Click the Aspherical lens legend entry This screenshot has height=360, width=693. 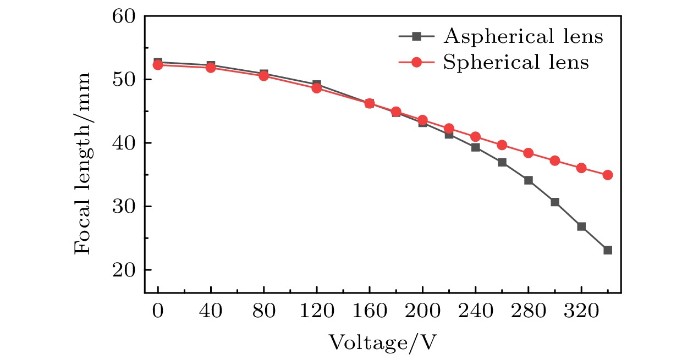tap(523, 37)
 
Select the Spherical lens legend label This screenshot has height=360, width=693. tap(515, 62)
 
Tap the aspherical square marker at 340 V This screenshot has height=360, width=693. tap(608, 250)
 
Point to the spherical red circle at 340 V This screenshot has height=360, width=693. tap(608, 175)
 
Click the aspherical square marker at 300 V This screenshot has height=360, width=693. tap(555, 202)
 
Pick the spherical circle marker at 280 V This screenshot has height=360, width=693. tap(529, 153)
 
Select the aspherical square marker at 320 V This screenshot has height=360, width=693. tap(581, 226)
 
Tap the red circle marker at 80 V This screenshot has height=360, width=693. tap(264, 76)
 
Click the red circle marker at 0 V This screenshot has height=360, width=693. tap(158, 65)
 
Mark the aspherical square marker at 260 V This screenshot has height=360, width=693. tap(502, 162)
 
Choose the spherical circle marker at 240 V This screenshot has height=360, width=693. tap(476, 136)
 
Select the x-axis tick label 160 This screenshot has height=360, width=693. tap(370, 312)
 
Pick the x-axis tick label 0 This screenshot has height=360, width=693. tap(158, 312)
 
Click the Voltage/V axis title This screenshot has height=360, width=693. tap(383, 342)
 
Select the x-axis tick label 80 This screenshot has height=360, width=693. tap(264, 312)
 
